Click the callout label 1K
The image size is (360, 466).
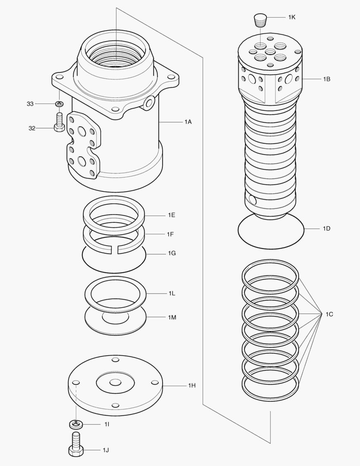pyautogui.click(x=292, y=17)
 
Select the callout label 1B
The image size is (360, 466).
pyautogui.click(x=326, y=79)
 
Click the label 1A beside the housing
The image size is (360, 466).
pyautogui.click(x=188, y=122)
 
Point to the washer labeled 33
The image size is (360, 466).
pyautogui.click(x=59, y=104)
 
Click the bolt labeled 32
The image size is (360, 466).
pyautogui.click(x=59, y=122)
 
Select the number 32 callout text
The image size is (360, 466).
pyautogui.click(x=31, y=128)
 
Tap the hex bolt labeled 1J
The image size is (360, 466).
pyautogui.click(x=76, y=445)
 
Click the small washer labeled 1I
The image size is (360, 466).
pyautogui.click(x=76, y=425)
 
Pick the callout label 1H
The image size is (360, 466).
pyautogui.click(x=192, y=385)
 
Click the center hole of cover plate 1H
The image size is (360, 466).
pyautogui.click(x=115, y=382)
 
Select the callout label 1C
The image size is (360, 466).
pyautogui.click(x=329, y=315)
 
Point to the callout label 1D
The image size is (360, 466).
pyautogui.click(x=326, y=228)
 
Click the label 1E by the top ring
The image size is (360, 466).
pyautogui.click(x=171, y=215)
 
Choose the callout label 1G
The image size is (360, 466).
pyautogui.click(x=172, y=253)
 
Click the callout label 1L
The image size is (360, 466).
pyautogui.click(x=171, y=293)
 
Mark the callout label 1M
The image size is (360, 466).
pyautogui.click(x=172, y=317)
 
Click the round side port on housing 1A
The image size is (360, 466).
pyautogui.click(x=150, y=102)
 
